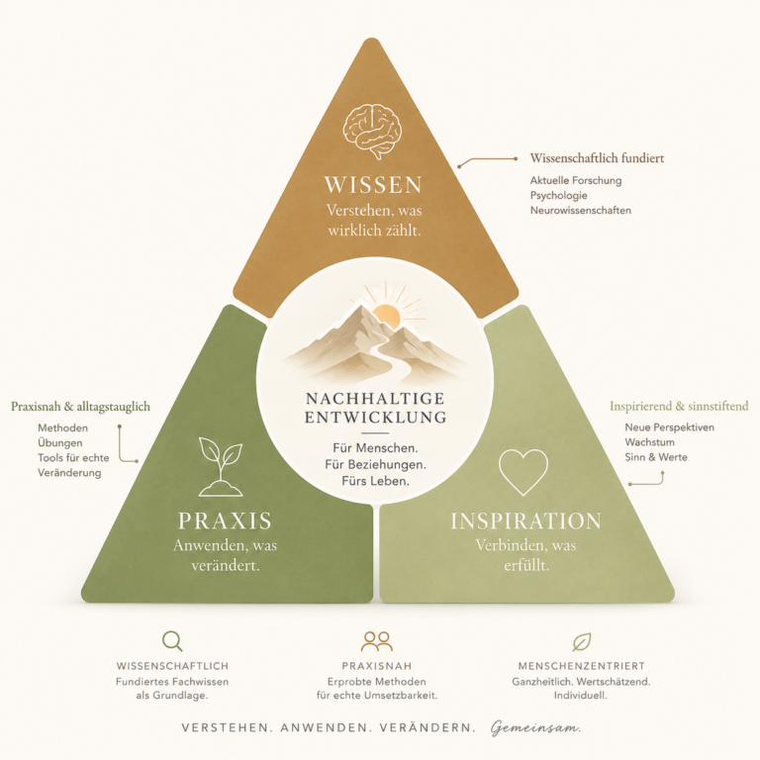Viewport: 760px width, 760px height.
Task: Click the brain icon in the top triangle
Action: (372, 131)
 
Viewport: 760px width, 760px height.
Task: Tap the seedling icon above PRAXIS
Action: (221, 467)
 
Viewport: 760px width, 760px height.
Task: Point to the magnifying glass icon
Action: (172, 641)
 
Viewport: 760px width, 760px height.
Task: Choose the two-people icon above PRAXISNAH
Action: (377, 641)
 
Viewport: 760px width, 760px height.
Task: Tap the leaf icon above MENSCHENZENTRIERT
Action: (581, 641)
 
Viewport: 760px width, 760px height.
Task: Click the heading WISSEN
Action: (373, 185)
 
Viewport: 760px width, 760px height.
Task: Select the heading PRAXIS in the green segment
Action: (225, 521)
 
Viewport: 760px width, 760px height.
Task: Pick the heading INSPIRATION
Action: (525, 522)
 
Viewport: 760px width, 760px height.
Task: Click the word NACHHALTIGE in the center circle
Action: (375, 399)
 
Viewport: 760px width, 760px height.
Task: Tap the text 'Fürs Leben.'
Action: (375, 481)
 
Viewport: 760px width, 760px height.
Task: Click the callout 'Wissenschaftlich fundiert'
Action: (597, 158)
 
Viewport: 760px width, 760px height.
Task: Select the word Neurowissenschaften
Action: (580, 211)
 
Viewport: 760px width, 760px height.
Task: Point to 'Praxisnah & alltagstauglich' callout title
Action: (80, 406)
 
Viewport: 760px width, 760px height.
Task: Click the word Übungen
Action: (59, 442)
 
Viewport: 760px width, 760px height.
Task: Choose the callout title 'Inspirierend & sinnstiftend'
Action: (679, 406)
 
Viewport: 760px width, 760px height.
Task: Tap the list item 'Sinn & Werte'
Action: (656, 457)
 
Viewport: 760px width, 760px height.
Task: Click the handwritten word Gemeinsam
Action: (535, 727)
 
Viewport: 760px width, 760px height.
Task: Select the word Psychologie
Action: (558, 195)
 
